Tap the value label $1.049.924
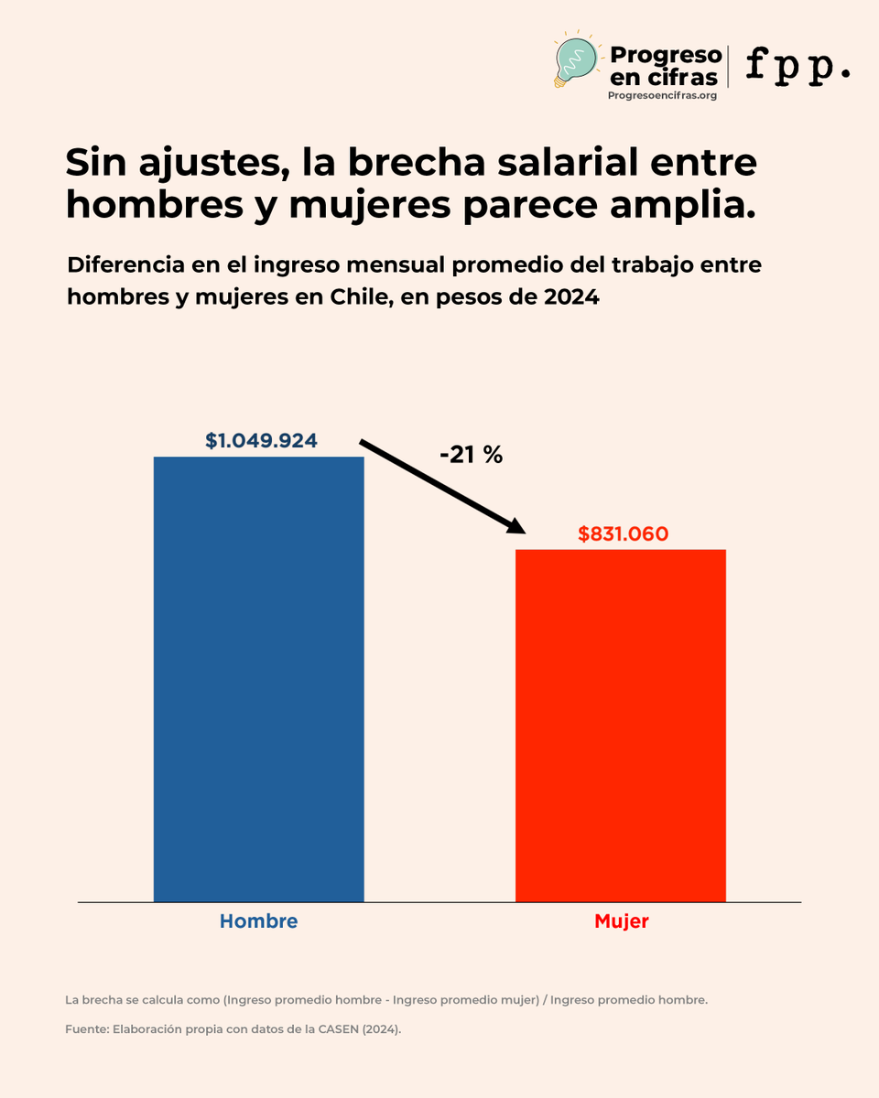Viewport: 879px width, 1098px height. [261, 440]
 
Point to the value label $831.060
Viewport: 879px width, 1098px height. [623, 534]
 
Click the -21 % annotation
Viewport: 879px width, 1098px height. [471, 455]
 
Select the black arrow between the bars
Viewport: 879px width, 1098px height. [442, 486]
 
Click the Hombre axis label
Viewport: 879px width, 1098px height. [258, 921]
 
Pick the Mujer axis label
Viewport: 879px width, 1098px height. [621, 921]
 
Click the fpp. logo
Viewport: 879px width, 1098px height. [798, 66]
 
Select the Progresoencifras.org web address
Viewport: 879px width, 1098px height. [662, 95]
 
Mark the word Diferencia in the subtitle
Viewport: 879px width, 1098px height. [118, 265]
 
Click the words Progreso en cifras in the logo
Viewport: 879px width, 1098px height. [664, 67]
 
